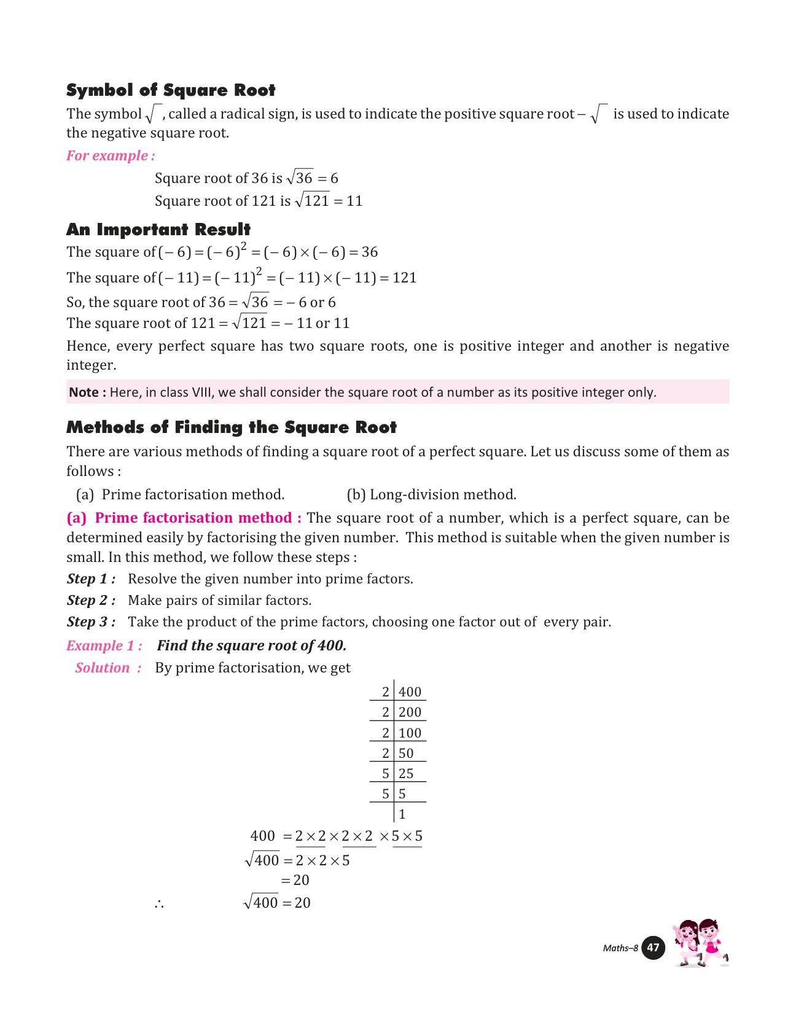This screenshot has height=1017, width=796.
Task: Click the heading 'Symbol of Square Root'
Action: coord(171,90)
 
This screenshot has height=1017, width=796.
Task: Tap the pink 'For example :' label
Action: coord(111,156)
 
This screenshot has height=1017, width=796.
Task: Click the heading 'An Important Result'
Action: coord(158,230)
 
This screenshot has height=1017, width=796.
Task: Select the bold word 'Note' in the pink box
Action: coord(84,392)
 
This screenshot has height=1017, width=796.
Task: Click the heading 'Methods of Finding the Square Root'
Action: coord(232,427)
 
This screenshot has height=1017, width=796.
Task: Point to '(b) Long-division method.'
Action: coord(431,495)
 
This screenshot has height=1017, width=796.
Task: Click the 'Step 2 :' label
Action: coord(91,601)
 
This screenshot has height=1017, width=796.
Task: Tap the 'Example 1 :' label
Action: coord(104,646)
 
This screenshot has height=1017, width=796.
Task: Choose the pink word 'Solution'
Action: coord(103,668)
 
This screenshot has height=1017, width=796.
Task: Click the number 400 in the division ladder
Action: coord(410,692)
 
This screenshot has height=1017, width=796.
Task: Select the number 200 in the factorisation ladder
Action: coord(410,712)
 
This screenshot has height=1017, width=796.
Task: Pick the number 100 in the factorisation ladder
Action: coord(410,733)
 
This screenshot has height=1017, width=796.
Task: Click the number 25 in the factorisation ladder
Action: coord(406,774)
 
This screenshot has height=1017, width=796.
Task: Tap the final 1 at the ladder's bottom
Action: coord(402,815)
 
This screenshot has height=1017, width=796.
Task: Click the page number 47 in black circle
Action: coord(653,948)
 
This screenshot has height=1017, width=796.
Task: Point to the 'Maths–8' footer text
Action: coord(620,948)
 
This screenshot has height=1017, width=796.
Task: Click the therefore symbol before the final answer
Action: coord(159,904)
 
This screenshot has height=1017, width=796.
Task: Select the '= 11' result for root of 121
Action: coord(348,201)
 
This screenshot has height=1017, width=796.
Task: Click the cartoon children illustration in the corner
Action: coord(700,943)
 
